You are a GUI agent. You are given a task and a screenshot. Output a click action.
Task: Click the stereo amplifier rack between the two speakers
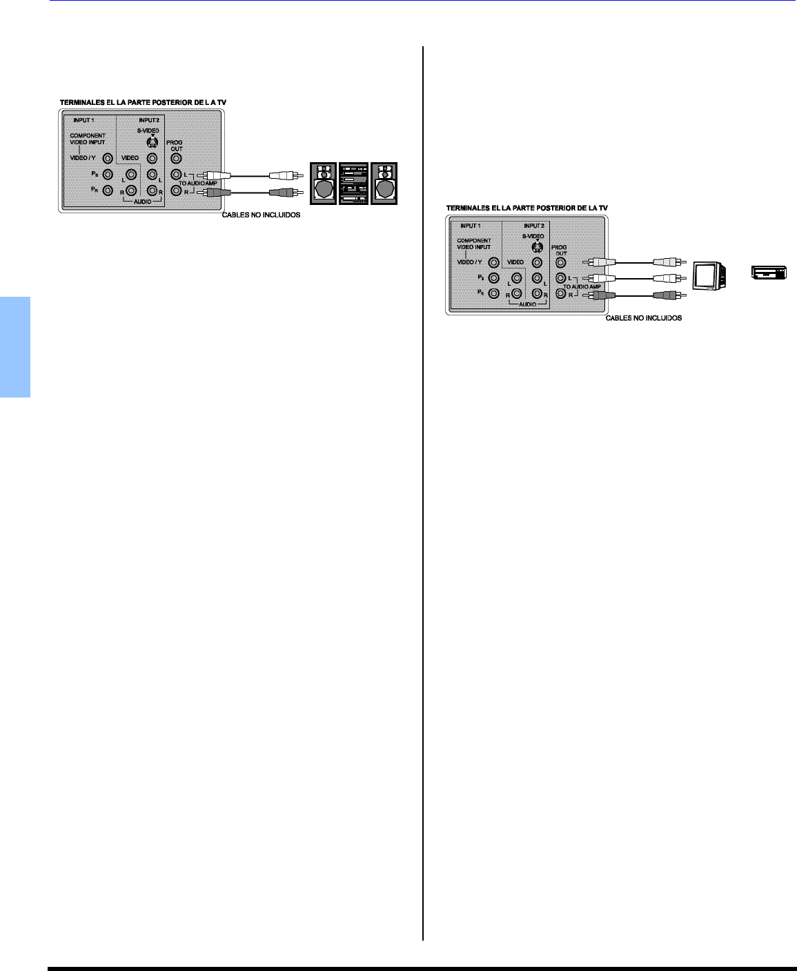pyautogui.click(x=353, y=183)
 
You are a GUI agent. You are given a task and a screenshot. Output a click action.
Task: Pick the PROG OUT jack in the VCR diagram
pyautogui.click(x=561, y=262)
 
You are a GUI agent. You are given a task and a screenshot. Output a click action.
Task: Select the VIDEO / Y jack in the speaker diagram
pyautogui.click(x=108, y=158)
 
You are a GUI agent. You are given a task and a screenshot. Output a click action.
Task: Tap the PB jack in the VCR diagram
pyautogui.click(x=493, y=278)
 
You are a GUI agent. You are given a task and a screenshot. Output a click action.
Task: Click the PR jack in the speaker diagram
pyautogui.click(x=108, y=190)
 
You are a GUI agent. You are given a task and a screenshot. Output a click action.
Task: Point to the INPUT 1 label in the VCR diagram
pyautogui.click(x=471, y=226)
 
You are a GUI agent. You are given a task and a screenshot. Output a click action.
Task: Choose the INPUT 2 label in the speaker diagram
pyautogui.click(x=148, y=120)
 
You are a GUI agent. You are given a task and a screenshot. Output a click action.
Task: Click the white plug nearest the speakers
pyautogui.click(x=285, y=175)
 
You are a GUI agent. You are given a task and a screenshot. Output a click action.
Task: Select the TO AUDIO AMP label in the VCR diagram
pyautogui.click(x=582, y=286)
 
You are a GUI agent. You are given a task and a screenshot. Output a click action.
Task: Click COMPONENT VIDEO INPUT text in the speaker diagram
pyautogui.click(x=88, y=139)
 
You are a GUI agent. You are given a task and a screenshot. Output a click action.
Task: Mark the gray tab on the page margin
pyautogui.click(x=15, y=347)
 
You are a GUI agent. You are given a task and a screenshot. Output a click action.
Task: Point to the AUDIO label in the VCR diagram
pyautogui.click(x=527, y=304)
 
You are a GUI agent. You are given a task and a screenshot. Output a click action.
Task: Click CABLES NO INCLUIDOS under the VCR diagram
pyautogui.click(x=643, y=318)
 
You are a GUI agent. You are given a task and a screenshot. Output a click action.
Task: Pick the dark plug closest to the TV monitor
pyautogui.click(x=667, y=295)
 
